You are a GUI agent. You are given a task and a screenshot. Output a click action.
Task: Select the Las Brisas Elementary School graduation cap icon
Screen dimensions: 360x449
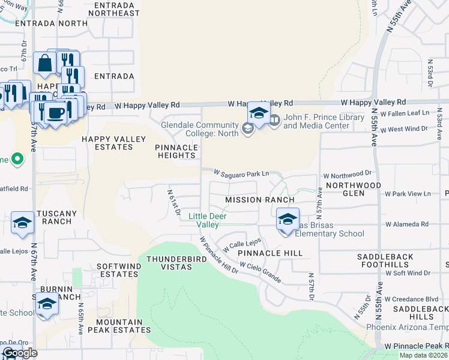coord(288,219)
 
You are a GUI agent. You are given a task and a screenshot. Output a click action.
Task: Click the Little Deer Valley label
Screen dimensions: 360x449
coord(204,220)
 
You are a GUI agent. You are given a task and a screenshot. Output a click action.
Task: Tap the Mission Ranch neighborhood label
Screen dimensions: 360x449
coord(259,200)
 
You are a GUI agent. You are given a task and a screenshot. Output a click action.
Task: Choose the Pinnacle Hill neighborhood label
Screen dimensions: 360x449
coord(270,253)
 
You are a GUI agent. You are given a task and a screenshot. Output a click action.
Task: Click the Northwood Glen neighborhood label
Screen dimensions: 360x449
coord(353,189)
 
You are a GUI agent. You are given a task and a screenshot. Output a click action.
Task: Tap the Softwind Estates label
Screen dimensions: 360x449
coord(117,269)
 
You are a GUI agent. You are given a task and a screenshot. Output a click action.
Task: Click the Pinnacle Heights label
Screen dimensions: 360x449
coord(176,151)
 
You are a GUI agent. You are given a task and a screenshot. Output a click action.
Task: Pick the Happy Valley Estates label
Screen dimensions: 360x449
coord(114,143)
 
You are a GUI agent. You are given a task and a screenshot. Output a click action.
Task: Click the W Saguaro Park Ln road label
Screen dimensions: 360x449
coord(244,173)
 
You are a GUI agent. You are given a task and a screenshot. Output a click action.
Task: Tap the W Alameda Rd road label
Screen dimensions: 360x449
coord(407,224)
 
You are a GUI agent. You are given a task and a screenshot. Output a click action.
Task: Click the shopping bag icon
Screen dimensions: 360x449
coord(45,62)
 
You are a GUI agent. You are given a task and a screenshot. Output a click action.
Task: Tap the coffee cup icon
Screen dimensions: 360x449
coord(56,113)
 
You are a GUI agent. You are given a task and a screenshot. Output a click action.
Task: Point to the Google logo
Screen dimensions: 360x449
coord(20,353)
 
